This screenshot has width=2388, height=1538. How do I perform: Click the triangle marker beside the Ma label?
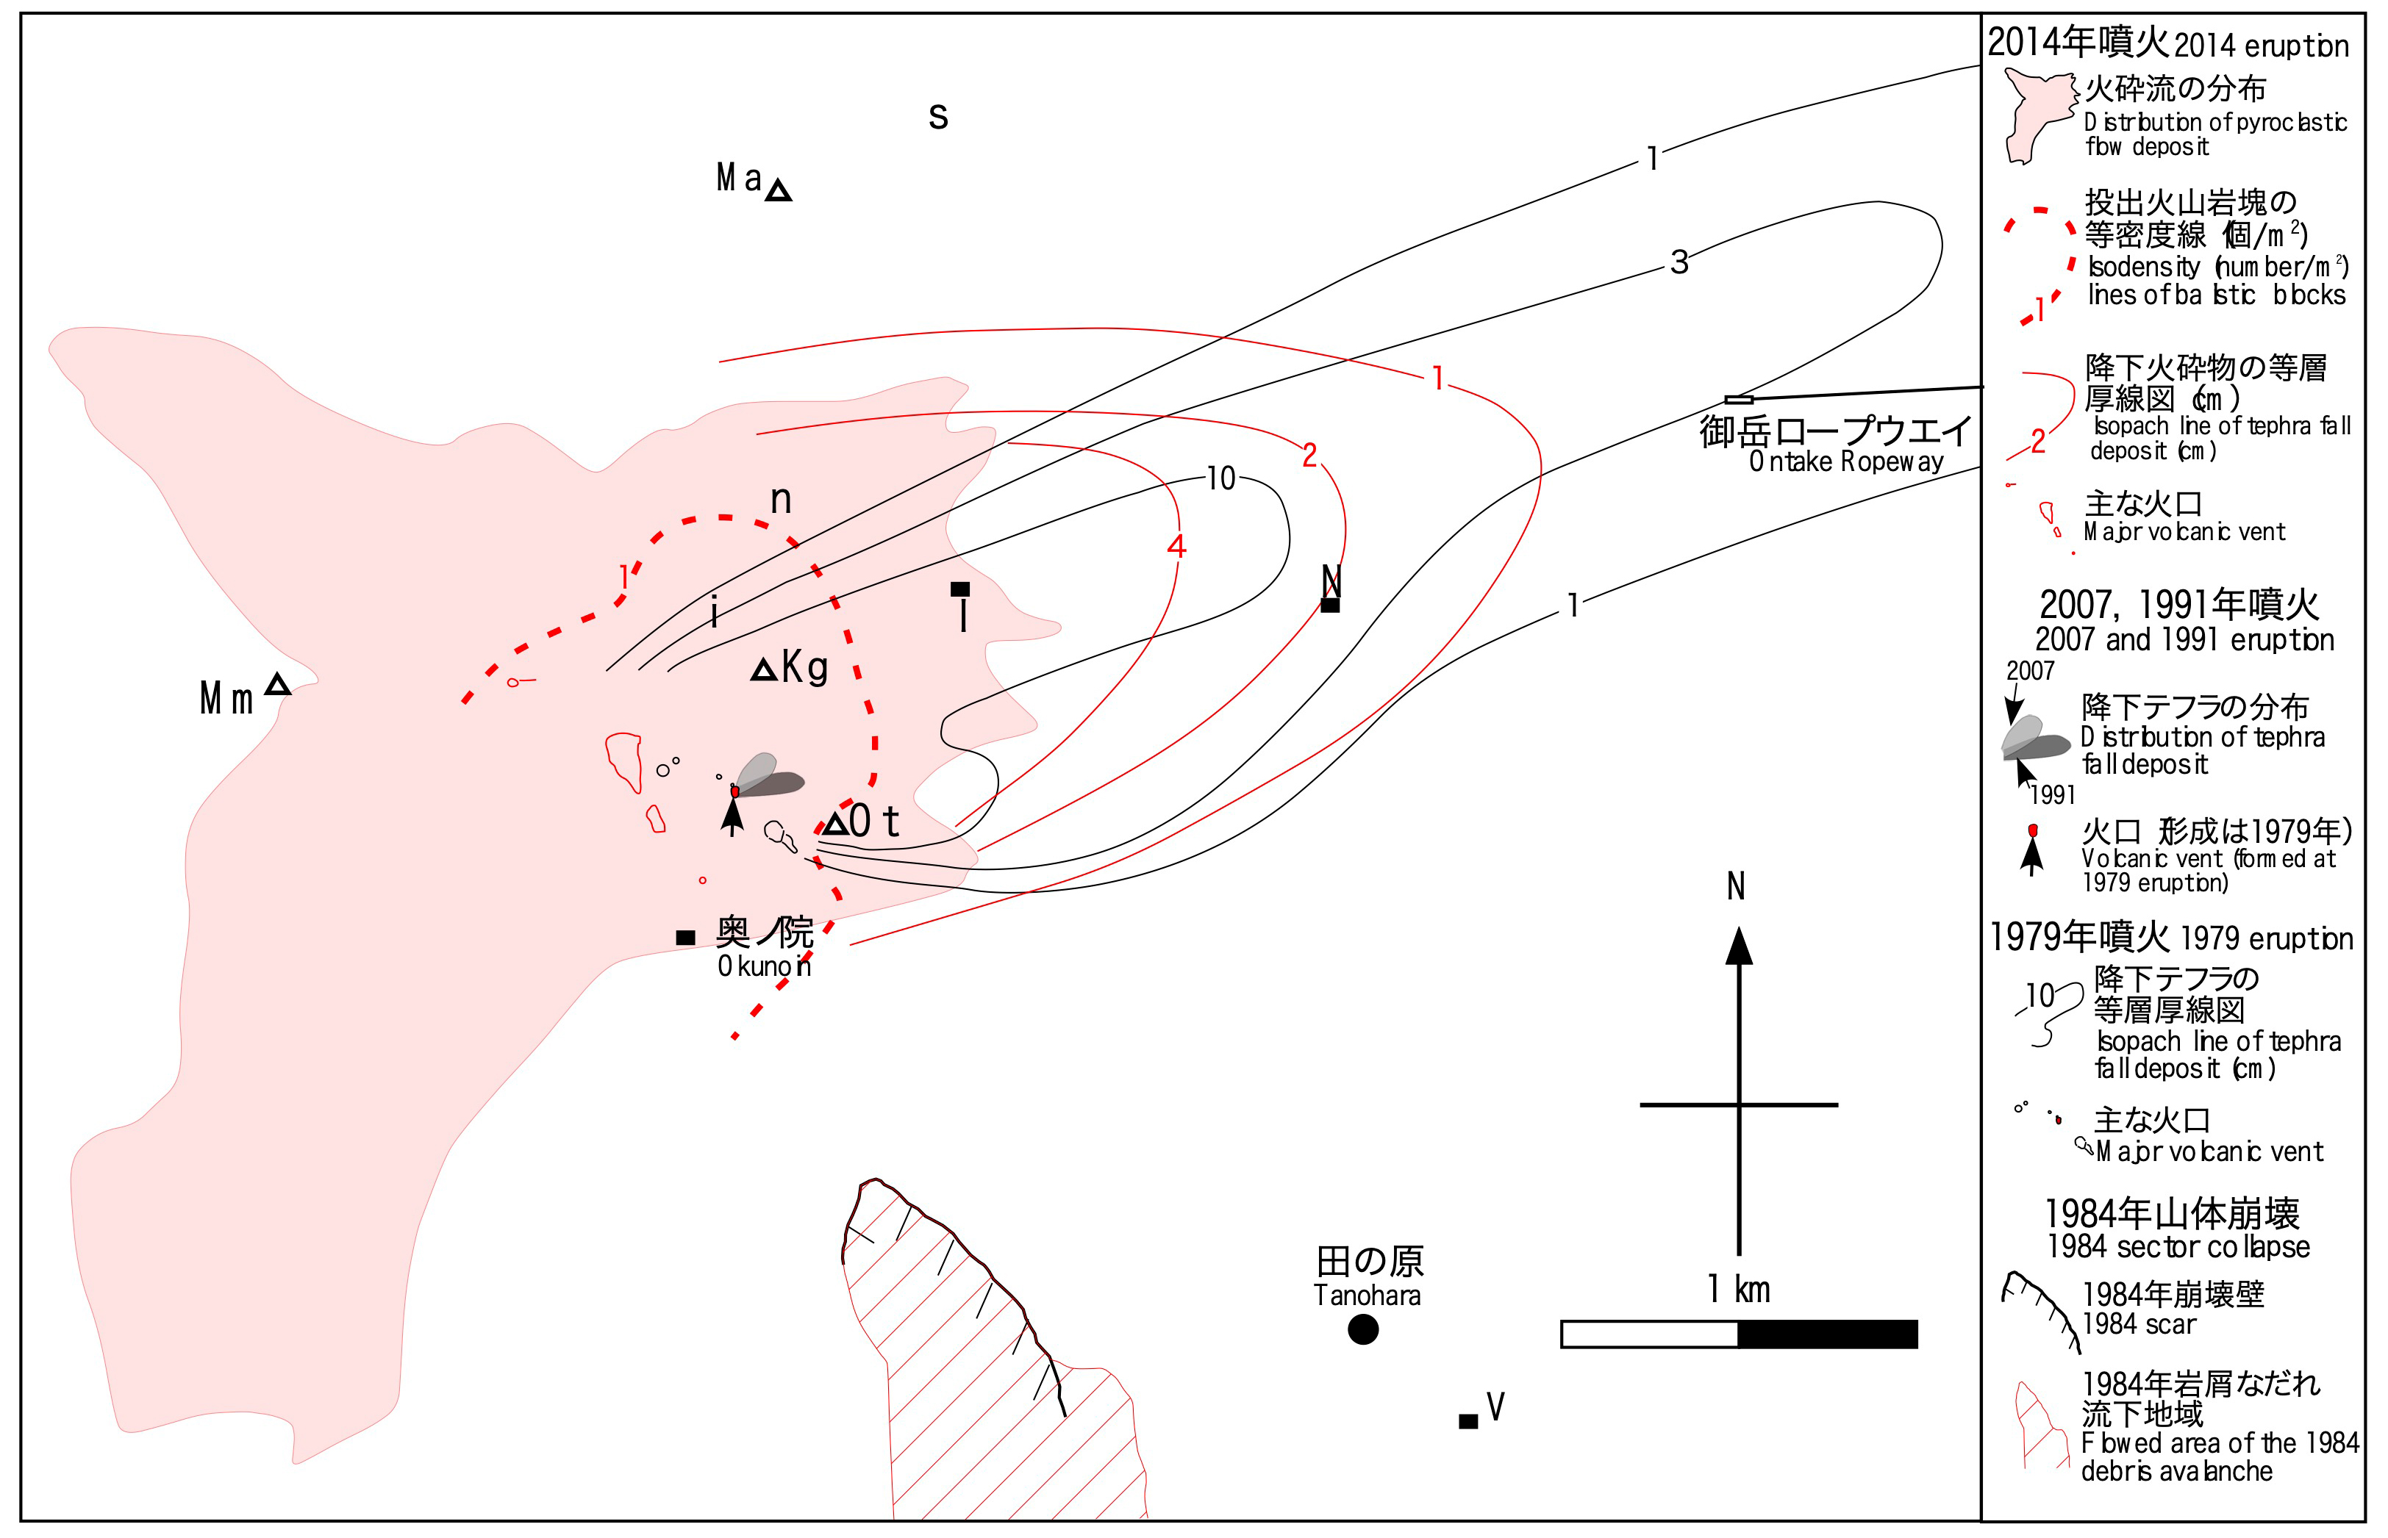tap(779, 191)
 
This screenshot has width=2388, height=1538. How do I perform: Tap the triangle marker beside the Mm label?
tap(278, 685)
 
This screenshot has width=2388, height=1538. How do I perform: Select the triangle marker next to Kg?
tap(763, 670)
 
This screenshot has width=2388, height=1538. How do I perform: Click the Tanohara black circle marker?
tap(1363, 1329)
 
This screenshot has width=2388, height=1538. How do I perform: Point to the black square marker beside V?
tap(1468, 1421)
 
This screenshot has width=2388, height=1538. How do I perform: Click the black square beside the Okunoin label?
tap(685, 937)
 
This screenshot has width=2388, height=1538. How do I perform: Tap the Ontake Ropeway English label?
tap(1845, 462)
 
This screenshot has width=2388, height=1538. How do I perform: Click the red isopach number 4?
tap(1176, 546)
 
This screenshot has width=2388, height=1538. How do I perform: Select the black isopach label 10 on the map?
tap(1221, 479)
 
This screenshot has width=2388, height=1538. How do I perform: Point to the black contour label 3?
tap(1679, 262)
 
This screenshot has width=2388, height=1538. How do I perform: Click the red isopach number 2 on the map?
tap(1309, 456)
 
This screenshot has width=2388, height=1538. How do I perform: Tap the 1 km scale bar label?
tap(1739, 1290)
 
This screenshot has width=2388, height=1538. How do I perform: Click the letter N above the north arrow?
tap(1737, 887)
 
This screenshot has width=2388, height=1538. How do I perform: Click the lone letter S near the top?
tap(937, 117)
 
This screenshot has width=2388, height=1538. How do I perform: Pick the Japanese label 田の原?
tap(1370, 1262)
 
